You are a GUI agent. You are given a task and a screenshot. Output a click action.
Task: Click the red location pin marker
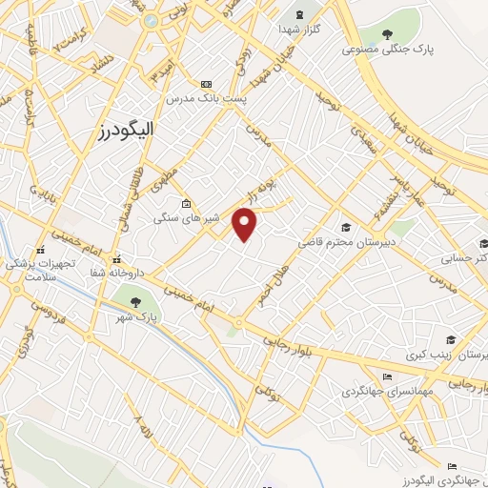[x=246, y=225]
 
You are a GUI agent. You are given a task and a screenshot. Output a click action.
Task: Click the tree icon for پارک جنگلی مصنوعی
[x=387, y=35]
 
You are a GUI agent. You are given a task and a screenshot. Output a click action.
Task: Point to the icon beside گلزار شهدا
[x=301, y=15]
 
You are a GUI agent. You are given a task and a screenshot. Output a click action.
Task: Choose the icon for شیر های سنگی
[x=185, y=204]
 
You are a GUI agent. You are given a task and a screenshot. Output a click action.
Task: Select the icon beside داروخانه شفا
[x=116, y=258]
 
